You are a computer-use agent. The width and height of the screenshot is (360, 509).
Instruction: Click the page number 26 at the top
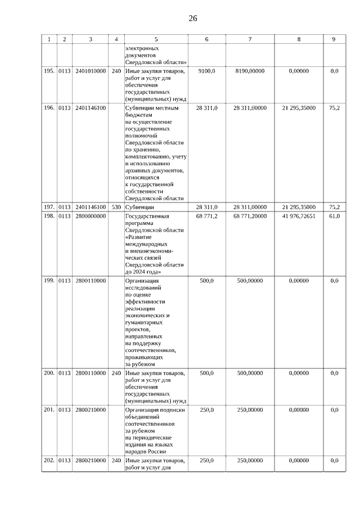point(192,19)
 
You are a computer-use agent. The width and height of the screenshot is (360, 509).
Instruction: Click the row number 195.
point(49,71)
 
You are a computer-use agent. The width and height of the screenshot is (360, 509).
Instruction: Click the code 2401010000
point(91,71)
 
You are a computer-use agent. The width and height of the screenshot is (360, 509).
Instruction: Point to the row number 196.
point(49,108)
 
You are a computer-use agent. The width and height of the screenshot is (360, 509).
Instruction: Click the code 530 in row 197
point(116,207)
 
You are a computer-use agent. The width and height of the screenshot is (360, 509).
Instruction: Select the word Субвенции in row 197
point(140,207)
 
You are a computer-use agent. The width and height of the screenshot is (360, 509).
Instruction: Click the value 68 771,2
point(206,216)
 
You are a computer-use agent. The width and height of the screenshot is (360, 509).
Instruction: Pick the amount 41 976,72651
point(299,216)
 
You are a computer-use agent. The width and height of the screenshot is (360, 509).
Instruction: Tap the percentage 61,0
point(334,216)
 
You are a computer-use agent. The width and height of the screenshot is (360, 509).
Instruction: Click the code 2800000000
point(91,216)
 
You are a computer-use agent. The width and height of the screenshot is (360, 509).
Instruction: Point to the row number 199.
point(49,280)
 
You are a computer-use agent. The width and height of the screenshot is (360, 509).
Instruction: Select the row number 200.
point(49,373)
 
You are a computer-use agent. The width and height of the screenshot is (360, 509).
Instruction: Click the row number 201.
point(49,409)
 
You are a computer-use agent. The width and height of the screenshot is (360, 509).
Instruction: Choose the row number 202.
point(49,460)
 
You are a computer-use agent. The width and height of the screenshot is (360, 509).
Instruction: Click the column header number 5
point(156,39)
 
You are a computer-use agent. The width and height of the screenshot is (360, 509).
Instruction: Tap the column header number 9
point(334,39)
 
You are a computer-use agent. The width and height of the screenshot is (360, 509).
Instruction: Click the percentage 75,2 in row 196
point(334,108)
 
